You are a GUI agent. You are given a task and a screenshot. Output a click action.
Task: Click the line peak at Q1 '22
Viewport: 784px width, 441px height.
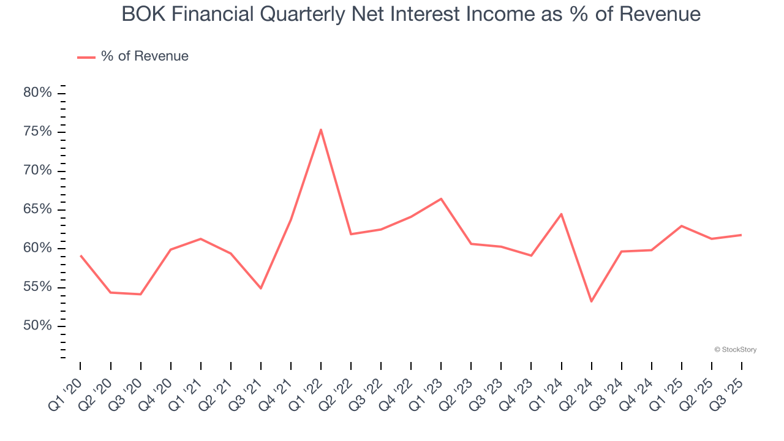[x=321, y=129]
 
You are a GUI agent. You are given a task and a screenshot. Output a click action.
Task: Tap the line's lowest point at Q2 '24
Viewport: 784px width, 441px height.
[x=591, y=301]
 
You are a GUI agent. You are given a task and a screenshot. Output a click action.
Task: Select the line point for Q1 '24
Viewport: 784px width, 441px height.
[x=561, y=214]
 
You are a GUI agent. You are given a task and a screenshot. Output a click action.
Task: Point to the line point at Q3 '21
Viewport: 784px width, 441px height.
[x=261, y=288]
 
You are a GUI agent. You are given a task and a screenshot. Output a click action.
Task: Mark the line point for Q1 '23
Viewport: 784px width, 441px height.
[x=441, y=198]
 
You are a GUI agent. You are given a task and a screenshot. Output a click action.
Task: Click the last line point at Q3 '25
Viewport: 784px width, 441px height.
[x=741, y=235]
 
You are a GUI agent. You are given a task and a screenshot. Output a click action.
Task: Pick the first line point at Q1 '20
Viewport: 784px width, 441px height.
[x=81, y=255]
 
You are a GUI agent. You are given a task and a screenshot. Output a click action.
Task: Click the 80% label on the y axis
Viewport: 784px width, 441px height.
[x=37, y=93]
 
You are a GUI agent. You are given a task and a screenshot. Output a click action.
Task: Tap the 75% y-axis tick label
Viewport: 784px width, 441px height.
[x=37, y=132]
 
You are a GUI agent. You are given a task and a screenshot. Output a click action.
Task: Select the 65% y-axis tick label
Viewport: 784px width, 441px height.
[x=37, y=209]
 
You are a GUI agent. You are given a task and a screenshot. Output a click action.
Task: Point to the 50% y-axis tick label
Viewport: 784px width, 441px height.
[x=37, y=325]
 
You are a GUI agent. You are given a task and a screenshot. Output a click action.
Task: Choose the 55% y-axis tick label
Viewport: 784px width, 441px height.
[x=37, y=287]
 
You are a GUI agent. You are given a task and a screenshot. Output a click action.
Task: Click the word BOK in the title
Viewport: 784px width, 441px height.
[x=142, y=14]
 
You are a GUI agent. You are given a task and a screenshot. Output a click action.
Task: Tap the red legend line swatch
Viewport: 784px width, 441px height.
[x=86, y=57]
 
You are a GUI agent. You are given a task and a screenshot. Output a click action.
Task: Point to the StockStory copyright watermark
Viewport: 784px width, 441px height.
[x=735, y=350]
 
